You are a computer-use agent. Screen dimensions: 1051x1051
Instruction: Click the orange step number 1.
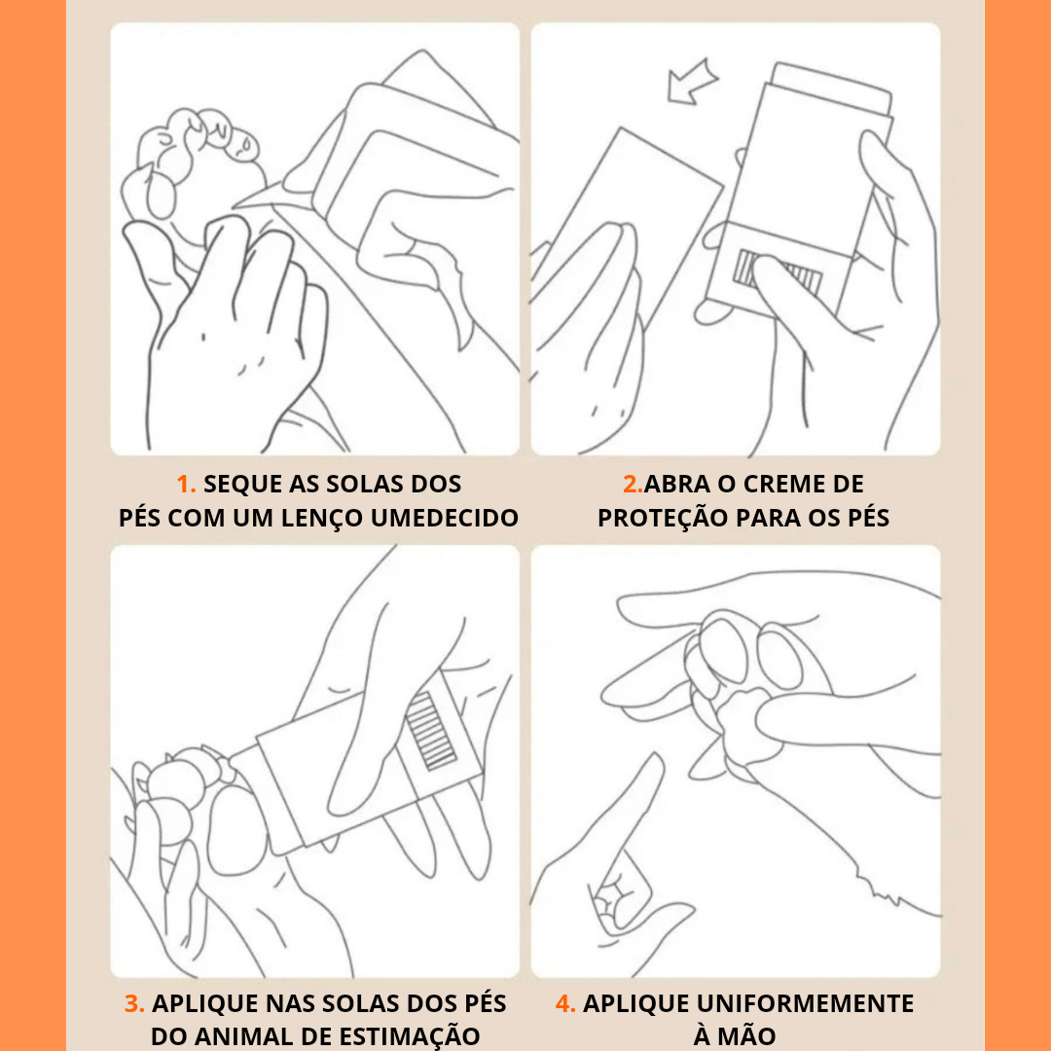tap(186, 484)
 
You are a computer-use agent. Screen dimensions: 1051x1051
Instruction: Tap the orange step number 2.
tap(633, 484)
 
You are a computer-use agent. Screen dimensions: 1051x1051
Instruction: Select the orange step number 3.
tap(134, 1003)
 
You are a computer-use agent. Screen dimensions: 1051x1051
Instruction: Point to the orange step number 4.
tap(565, 1003)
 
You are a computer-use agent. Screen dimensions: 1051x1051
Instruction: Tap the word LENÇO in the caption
tap(321, 518)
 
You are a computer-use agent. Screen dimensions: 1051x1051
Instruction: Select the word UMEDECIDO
tap(445, 518)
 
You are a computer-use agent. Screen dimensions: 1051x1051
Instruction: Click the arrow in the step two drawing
tap(693, 82)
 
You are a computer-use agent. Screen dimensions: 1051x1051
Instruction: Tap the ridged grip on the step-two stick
tap(779, 272)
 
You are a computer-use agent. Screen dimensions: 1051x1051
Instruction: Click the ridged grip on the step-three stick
tap(431, 731)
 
